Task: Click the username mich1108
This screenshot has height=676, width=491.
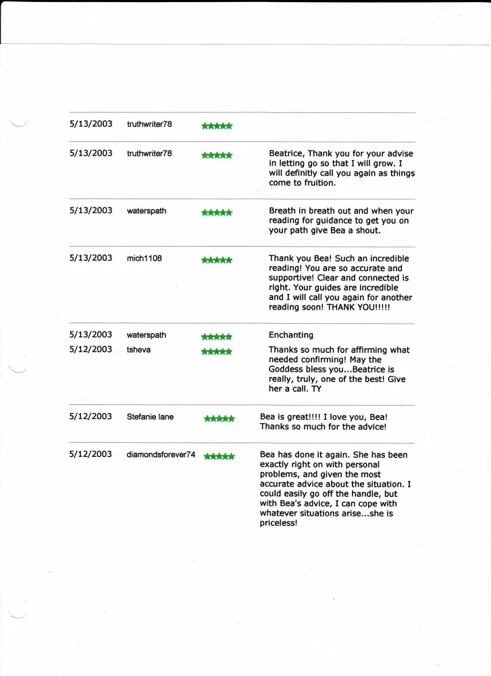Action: [x=144, y=258]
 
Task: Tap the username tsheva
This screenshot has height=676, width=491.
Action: [x=139, y=350]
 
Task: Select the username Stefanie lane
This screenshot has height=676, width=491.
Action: [x=150, y=416]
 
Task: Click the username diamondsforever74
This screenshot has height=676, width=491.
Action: [x=161, y=454]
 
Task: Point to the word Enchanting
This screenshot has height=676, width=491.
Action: [x=291, y=335]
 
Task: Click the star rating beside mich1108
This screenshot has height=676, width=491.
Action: [x=217, y=260]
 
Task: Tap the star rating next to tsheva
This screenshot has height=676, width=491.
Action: [x=217, y=352]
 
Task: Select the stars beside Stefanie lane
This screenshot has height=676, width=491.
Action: [x=219, y=418]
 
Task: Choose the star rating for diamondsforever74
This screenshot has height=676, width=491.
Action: [x=219, y=456]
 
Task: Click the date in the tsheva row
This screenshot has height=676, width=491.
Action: [x=91, y=349]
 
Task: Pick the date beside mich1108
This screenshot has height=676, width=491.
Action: [x=91, y=258]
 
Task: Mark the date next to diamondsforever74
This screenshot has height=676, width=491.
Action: [x=91, y=454]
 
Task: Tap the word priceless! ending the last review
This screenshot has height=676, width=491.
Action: [x=278, y=523]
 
